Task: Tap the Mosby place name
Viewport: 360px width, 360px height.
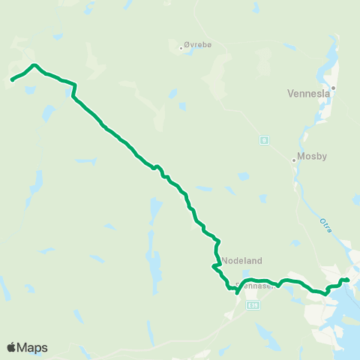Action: coord(311,157)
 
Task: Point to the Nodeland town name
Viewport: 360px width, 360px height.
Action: coord(241,260)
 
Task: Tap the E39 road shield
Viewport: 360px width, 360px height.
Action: coord(253,305)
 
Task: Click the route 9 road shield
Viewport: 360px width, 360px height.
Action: coord(264,139)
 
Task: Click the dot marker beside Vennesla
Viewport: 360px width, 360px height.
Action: coord(334,87)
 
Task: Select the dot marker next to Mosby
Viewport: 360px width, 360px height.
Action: coord(294,159)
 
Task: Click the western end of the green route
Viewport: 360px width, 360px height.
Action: coord(11,79)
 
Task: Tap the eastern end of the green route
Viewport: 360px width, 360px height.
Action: coord(349,281)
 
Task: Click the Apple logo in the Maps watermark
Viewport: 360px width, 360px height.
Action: coord(11,347)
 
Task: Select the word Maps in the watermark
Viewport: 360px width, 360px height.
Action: coord(32,347)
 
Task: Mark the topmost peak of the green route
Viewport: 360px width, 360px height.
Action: coord(34,65)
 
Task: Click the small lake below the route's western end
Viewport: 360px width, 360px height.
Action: coord(29,90)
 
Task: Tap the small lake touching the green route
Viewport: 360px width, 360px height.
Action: coord(70,92)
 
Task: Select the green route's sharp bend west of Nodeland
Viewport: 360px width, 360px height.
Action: coord(214,266)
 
